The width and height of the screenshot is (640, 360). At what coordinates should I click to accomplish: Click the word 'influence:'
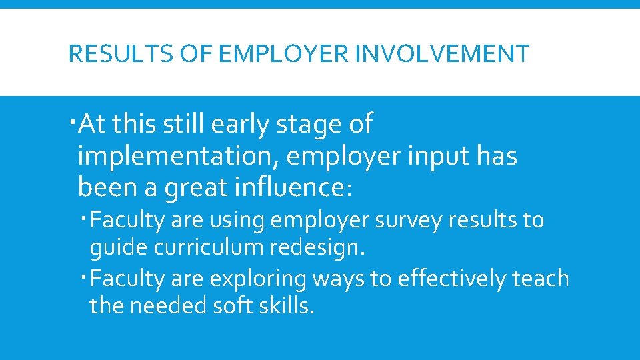coord(291,187)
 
